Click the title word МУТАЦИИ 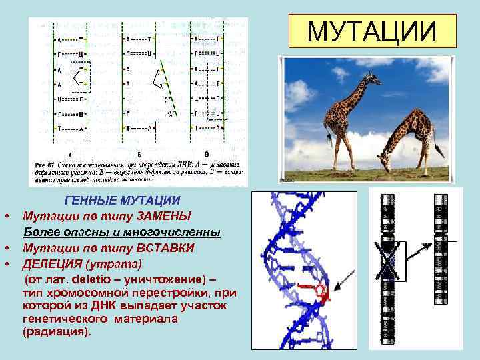coord(372,31)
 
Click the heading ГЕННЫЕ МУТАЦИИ coord(122,201)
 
